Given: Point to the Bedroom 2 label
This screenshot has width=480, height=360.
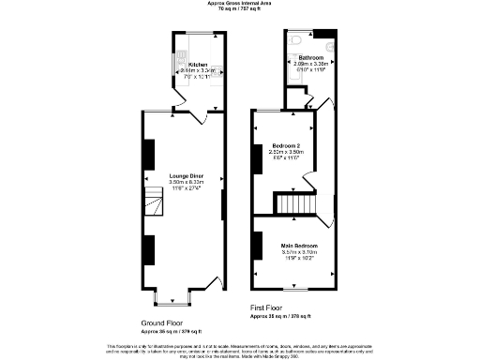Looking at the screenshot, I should pyautogui.click(x=285, y=146).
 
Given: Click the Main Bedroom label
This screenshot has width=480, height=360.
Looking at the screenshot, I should pyautogui.click(x=299, y=246).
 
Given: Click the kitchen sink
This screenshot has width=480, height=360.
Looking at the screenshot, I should pyautogui.click(x=178, y=59).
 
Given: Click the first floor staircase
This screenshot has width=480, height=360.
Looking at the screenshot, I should pyautogui.click(x=296, y=203).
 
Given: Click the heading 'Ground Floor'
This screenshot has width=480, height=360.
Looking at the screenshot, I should pyautogui.click(x=160, y=322).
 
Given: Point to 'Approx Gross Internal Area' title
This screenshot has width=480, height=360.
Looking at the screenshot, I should pyautogui.click(x=240, y=3).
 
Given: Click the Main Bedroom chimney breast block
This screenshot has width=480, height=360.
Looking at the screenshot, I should pyautogui.click(x=256, y=245).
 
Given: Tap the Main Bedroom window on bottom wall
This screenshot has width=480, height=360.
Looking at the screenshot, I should pyautogui.click(x=297, y=289).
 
